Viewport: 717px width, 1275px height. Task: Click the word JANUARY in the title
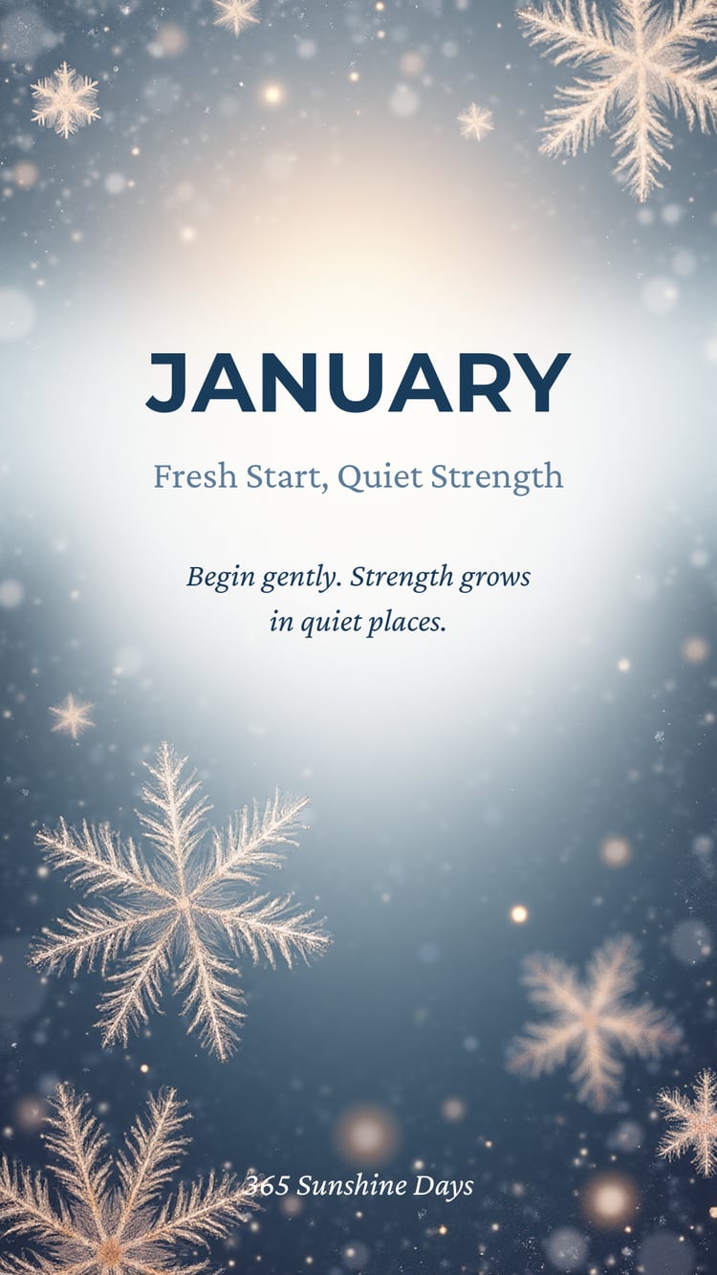tap(358, 383)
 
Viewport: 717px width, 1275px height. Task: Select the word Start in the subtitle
tap(288, 477)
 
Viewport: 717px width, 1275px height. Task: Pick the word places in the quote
tap(405, 624)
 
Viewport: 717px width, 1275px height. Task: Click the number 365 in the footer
tap(267, 1186)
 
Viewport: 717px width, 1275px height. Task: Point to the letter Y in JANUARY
tap(543, 383)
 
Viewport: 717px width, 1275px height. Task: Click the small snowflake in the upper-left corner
tap(65, 99)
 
